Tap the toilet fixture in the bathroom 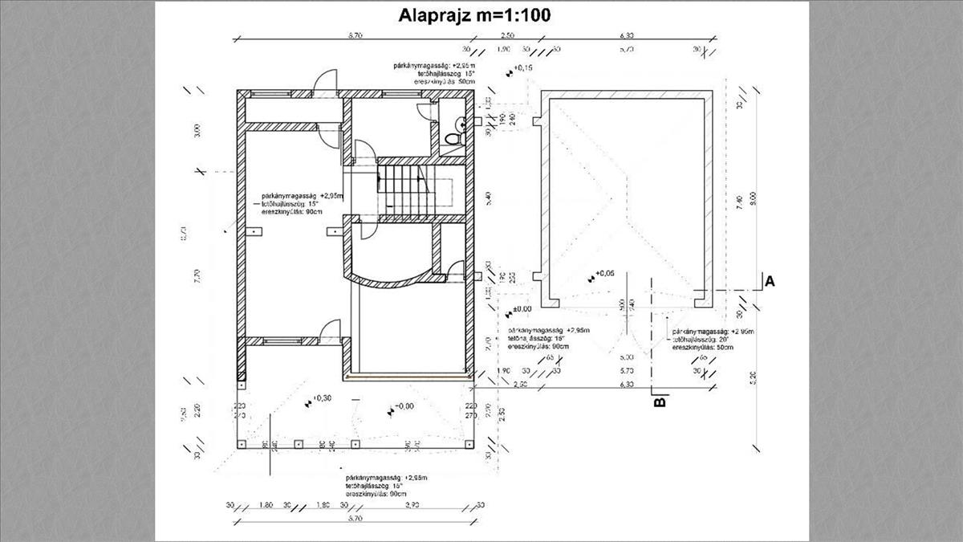[453, 137]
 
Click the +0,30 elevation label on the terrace [322, 397]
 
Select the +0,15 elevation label [522, 68]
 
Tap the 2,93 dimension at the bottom [412, 505]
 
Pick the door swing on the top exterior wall [327, 83]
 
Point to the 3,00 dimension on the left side [198, 130]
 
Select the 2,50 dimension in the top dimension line [507, 36]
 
